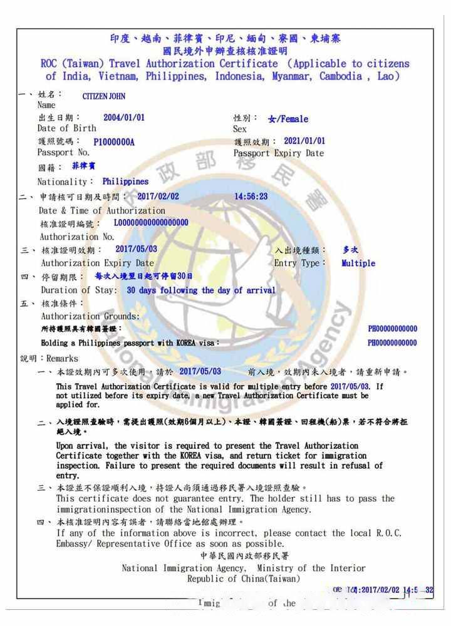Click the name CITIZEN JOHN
[x=104, y=96]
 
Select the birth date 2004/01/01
[x=124, y=117]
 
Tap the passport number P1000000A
[x=114, y=142]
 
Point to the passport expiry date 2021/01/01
[x=304, y=141]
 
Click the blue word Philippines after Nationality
[x=126, y=182]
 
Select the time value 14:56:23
[x=251, y=197]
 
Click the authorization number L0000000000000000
[x=151, y=223]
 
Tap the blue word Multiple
[x=358, y=264]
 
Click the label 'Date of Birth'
[x=67, y=128]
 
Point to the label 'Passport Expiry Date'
[x=279, y=153]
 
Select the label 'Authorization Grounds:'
[x=90, y=316]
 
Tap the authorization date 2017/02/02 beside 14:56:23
[x=158, y=197]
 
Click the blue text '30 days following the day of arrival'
[x=201, y=290]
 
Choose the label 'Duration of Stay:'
[x=79, y=290]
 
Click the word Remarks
[x=63, y=359]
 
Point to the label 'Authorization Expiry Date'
[x=97, y=264]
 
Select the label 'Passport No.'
[x=64, y=153]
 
